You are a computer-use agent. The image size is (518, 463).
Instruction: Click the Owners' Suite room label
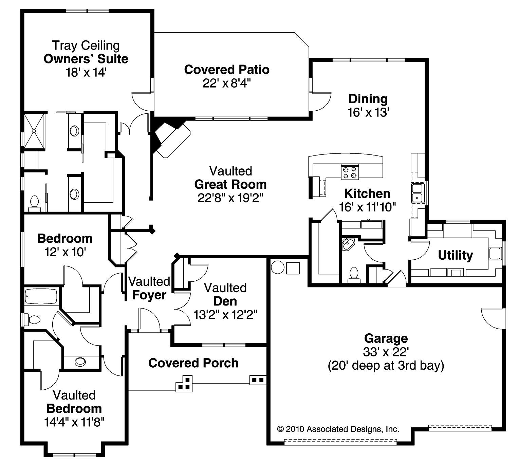[86, 59]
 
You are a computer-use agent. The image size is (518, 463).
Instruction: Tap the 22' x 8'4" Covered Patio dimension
[226, 83]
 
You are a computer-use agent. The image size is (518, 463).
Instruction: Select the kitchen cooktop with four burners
[350, 172]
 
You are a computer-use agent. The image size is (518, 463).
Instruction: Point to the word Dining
[368, 99]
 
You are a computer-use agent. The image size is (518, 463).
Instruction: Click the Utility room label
[455, 255]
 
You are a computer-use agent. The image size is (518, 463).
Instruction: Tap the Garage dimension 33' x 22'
[386, 352]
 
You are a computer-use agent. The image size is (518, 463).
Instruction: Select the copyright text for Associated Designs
[338, 429]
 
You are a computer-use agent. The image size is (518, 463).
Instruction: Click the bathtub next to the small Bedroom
[41, 296]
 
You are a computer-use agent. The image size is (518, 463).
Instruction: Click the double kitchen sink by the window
[417, 193]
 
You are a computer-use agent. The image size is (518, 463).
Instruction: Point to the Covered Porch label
[193, 363]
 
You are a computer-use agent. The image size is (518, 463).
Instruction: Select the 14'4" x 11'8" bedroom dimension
[74, 422]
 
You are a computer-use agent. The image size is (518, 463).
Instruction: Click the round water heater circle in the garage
[277, 267]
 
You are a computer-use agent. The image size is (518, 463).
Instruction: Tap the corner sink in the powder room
[348, 244]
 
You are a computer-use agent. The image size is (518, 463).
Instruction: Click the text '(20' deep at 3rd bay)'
[386, 366]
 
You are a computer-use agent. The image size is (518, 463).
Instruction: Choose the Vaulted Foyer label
[149, 288]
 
